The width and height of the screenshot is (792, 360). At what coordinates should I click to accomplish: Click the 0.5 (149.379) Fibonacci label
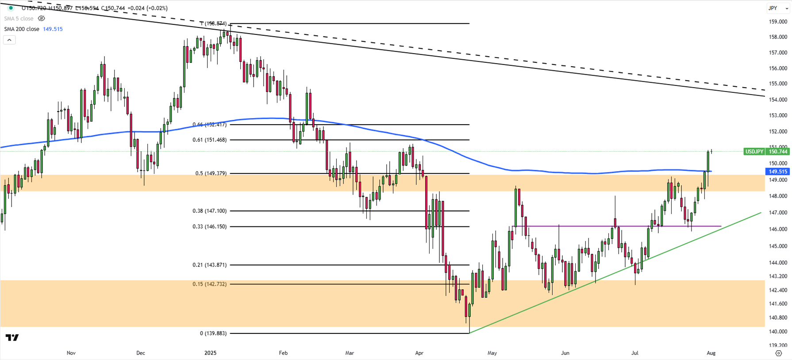click(x=211, y=173)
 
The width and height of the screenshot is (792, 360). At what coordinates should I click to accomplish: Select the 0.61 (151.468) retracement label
click(x=209, y=140)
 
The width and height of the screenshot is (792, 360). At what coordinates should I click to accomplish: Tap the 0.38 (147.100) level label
click(x=209, y=211)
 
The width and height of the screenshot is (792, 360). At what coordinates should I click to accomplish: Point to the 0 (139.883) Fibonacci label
click(x=213, y=333)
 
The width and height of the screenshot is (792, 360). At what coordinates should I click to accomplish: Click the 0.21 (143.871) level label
click(x=209, y=265)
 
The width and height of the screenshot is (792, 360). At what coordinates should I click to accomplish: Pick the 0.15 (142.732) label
click(x=209, y=284)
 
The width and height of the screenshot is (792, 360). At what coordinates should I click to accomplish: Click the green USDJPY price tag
click(x=754, y=152)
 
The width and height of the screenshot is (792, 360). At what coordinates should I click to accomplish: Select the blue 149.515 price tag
click(x=777, y=172)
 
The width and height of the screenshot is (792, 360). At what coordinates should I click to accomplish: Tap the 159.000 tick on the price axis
click(x=778, y=22)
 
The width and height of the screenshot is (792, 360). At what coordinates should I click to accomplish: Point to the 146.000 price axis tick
click(x=778, y=229)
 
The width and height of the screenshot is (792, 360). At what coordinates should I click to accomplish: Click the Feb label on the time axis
click(x=283, y=353)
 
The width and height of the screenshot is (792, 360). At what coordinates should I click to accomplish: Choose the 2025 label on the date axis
click(x=210, y=353)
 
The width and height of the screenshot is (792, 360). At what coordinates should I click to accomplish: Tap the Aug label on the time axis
click(x=711, y=353)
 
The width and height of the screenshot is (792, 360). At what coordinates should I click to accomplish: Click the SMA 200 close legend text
click(x=22, y=29)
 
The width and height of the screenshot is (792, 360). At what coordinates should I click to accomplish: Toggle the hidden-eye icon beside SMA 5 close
click(x=42, y=19)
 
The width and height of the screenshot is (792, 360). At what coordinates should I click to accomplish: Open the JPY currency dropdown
click(x=777, y=8)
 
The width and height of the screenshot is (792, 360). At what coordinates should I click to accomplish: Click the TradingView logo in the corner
click(x=12, y=338)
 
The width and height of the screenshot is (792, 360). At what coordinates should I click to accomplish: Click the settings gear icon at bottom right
click(x=778, y=353)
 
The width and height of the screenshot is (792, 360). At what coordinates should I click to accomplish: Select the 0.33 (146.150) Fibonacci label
click(x=209, y=226)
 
